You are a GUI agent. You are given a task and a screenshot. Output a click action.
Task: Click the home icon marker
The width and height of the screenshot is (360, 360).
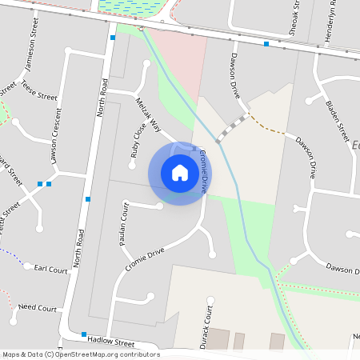pos(180,172)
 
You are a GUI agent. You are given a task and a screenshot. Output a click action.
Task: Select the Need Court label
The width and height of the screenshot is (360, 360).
pos(38,307)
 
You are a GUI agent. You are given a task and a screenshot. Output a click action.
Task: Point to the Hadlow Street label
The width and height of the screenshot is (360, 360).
pos(112,342)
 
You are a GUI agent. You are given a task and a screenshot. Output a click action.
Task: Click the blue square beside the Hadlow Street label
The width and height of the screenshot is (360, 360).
pos(83,334)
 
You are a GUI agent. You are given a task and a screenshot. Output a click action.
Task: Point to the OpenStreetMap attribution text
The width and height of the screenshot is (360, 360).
pos(81,354)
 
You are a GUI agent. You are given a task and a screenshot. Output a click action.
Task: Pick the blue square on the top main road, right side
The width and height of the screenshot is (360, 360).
pos(266,44)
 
